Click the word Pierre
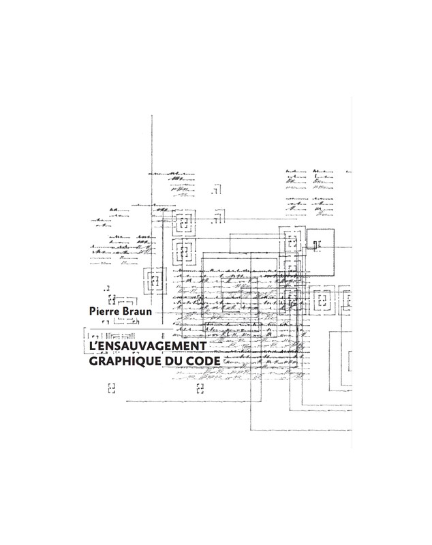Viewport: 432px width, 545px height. [103, 311]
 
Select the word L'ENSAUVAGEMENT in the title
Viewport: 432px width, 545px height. [148, 346]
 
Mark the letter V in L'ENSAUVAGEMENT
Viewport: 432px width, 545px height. [140, 347]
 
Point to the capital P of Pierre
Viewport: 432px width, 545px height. [93, 311]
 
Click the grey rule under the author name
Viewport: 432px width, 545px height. [132, 329]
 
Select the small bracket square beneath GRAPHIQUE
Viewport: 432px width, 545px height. [112, 388]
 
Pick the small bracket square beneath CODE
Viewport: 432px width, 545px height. [200, 388]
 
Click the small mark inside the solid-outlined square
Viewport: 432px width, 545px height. [317, 245]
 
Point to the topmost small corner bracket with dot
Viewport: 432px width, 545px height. [216, 190]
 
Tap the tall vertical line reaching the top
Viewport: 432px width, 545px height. [152, 219]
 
